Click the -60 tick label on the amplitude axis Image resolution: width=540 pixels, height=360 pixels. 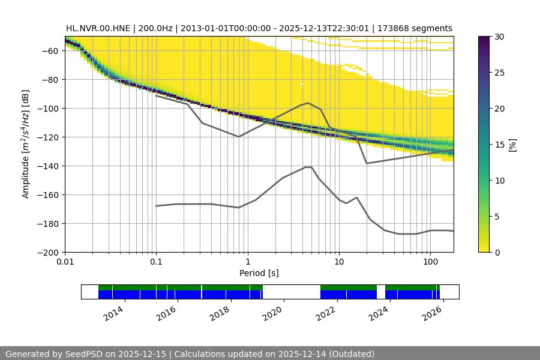pos(49,51)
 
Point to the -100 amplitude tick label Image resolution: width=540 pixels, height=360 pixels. pos(47,109)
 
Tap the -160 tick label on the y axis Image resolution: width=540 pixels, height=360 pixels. pos(47,195)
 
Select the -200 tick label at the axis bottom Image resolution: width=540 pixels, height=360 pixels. pos(47,253)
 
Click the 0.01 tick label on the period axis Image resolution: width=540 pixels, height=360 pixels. pos(65,262)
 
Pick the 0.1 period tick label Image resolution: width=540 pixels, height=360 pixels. pos(156,262)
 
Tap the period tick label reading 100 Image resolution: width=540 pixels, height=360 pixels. pos(430,262)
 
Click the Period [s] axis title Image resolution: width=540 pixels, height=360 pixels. pos(259,273)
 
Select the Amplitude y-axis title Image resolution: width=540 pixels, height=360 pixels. pos(26,144)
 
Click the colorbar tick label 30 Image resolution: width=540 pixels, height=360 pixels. pos(499,37)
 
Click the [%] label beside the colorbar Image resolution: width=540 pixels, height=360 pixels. pos(512,145)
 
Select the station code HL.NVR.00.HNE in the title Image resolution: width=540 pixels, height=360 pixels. pos(98,28)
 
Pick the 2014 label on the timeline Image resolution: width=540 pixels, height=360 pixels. pos(113,312)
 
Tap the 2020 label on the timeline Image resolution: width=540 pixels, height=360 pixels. pos(273,312)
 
